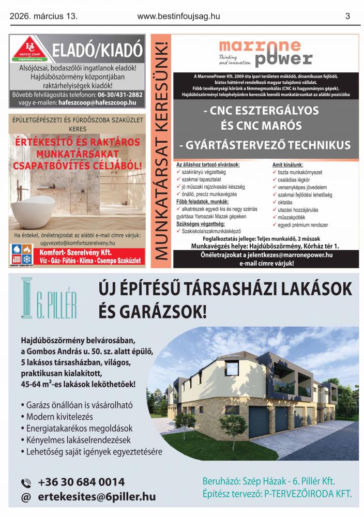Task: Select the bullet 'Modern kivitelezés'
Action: tap(60, 416)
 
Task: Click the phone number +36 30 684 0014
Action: tap(81, 482)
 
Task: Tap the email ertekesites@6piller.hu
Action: tap(96, 497)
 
